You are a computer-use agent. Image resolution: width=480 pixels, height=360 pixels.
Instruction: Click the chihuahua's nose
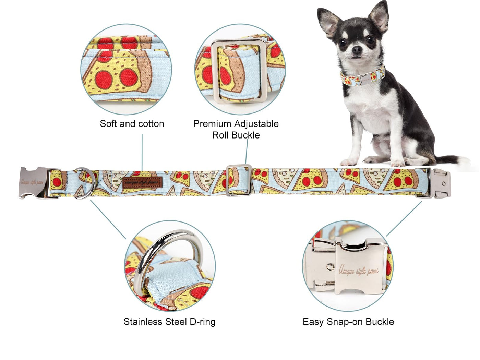[x=357, y=50]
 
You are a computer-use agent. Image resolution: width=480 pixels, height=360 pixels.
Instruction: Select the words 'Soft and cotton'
[x=132, y=124]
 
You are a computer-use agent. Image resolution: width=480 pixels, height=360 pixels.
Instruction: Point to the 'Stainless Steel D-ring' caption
[x=169, y=322]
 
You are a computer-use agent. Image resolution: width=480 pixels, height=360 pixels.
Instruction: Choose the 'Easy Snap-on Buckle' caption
[x=348, y=322]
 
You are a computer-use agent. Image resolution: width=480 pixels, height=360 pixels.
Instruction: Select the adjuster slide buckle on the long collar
[x=239, y=180]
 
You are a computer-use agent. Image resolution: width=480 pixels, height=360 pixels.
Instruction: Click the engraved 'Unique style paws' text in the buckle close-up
[x=359, y=271]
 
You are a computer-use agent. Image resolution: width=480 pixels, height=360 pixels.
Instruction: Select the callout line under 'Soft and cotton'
[x=142, y=152]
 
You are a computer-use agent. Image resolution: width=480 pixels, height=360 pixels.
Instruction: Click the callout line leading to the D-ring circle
[x=108, y=219]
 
